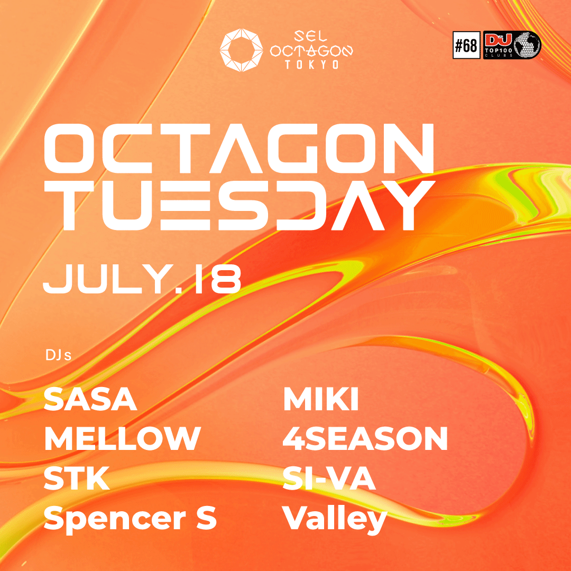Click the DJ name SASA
90,400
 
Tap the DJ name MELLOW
122,438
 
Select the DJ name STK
77,479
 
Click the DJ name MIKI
321,400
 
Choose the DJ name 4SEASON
365,438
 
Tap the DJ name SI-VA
329,479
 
